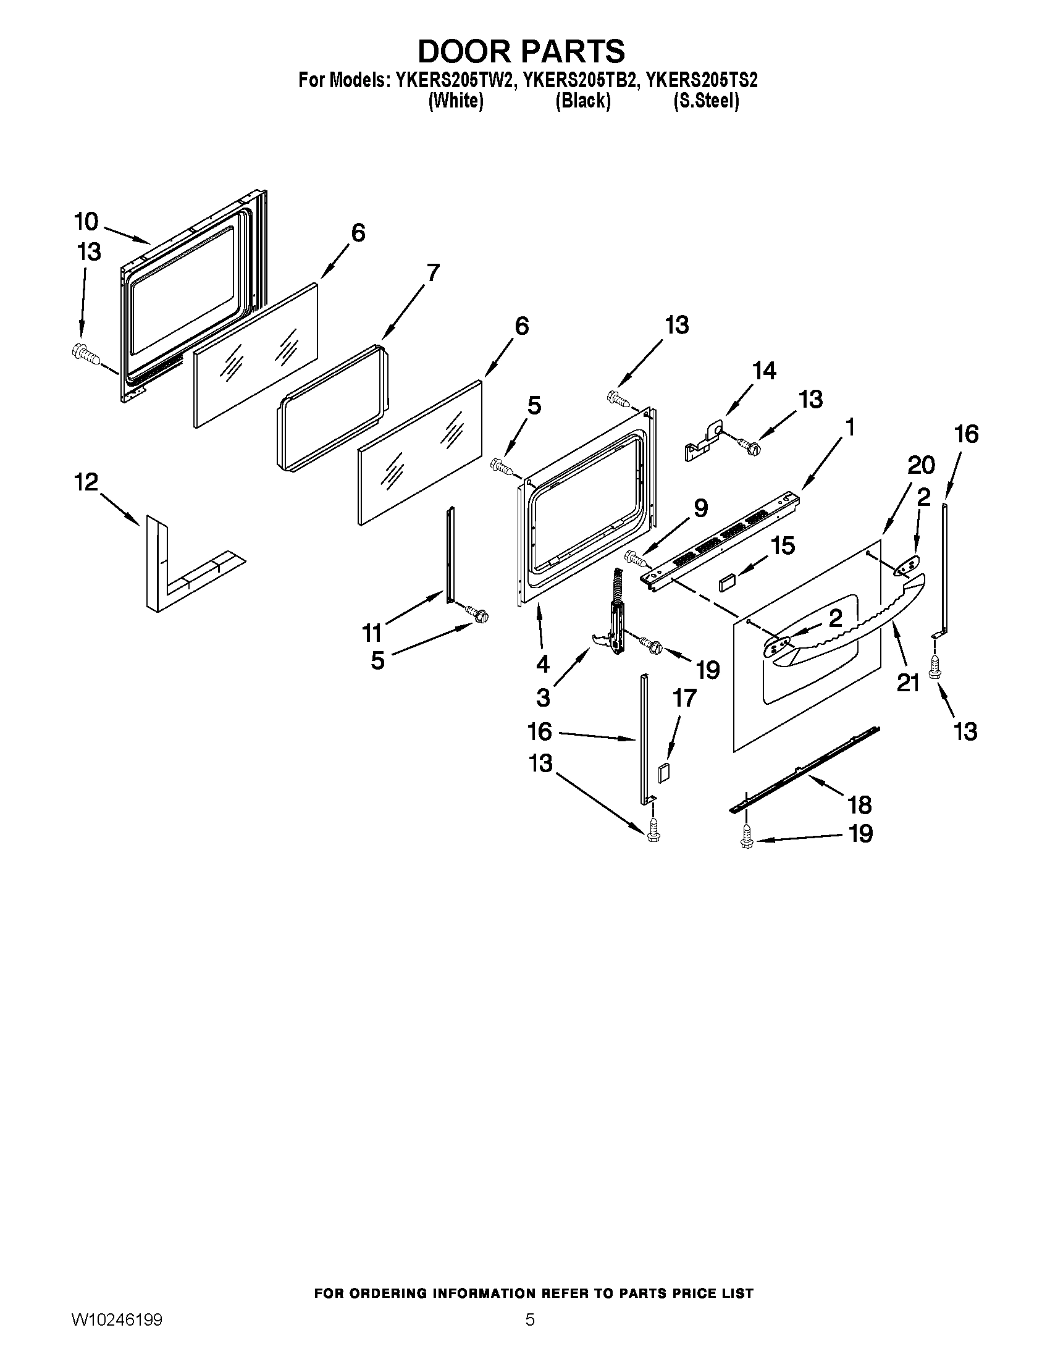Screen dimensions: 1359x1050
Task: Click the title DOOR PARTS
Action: pos(521,51)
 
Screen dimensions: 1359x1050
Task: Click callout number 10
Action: pos(86,221)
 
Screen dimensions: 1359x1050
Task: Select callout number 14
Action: pos(764,371)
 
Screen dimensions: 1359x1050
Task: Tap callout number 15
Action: pos(782,545)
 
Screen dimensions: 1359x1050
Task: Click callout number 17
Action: pos(684,698)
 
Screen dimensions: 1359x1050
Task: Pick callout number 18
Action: pos(860,804)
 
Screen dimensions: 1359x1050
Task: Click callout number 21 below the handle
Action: pos(907,683)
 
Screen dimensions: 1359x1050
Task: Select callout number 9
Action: pos(700,508)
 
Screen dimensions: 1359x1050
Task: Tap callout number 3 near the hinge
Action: pos(543,698)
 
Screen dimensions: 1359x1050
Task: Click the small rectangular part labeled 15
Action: pos(726,584)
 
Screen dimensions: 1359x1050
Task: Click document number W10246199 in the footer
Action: pos(117,1334)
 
